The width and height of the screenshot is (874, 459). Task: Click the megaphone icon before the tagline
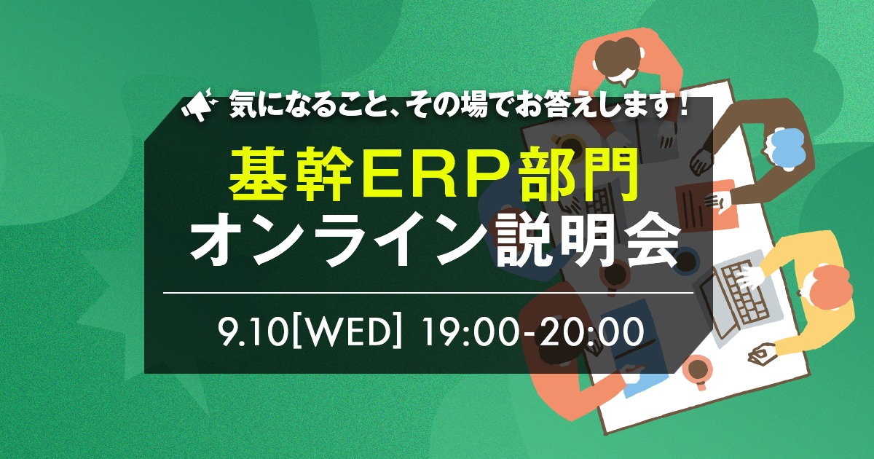click(199, 105)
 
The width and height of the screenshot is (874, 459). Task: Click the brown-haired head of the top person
click(618, 59)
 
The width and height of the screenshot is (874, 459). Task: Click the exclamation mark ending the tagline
click(682, 105)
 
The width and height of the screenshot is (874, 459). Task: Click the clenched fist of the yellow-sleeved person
click(761, 354)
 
